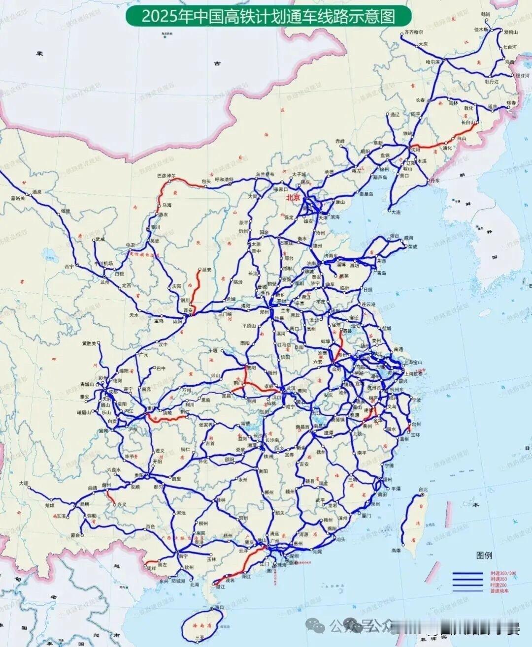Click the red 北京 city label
tap(293, 197)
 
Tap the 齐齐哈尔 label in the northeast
tap(413, 32)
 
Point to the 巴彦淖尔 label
tap(166, 176)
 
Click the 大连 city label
tap(396, 212)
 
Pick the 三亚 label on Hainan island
tap(199, 638)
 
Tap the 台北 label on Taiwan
tap(423, 490)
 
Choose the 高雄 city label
tap(396, 551)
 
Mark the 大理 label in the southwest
tap(24, 484)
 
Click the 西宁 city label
tap(68, 266)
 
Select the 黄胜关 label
tap(89, 343)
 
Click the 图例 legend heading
tap(484, 555)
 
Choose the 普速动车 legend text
tap(499, 591)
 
